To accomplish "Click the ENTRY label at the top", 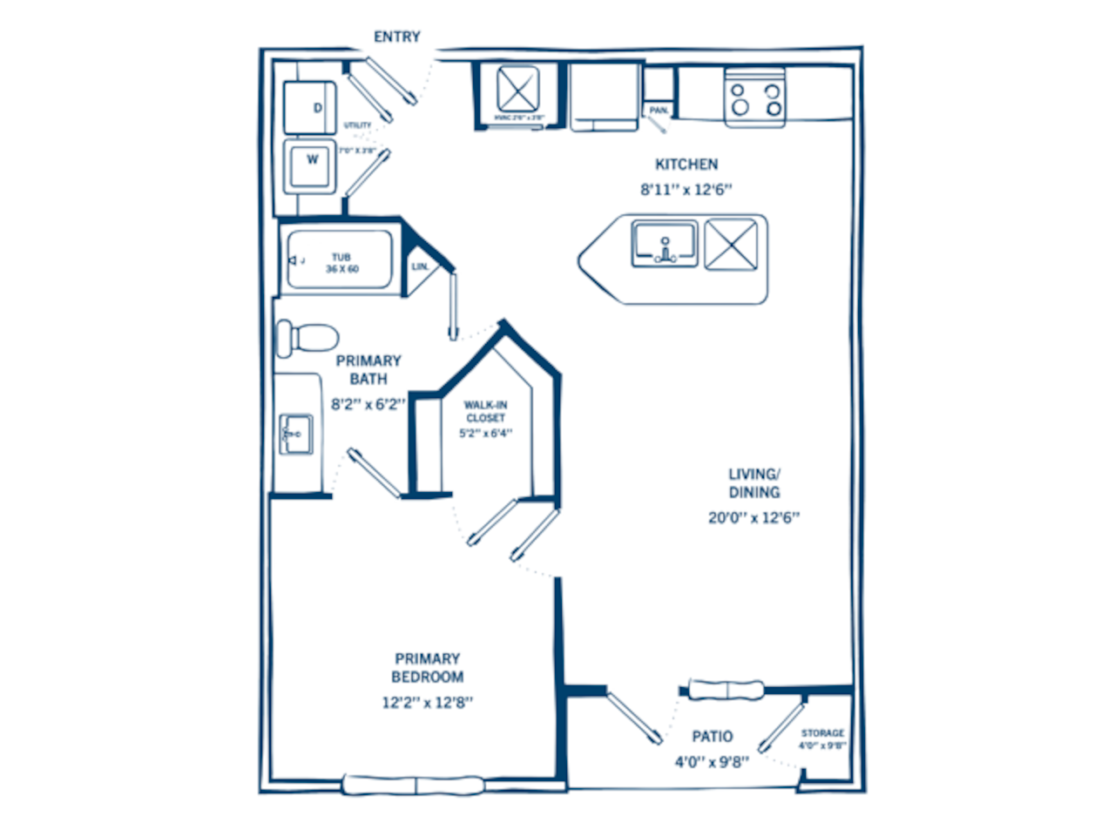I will click(x=396, y=37).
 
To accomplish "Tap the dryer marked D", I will click(x=309, y=108).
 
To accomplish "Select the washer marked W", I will click(x=310, y=164).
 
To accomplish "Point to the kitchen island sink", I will click(x=665, y=245).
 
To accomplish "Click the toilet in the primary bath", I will click(x=306, y=337).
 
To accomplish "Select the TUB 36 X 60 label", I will click(x=341, y=263).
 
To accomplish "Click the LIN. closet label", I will click(x=420, y=266).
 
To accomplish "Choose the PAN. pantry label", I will click(x=659, y=111).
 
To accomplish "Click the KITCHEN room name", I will click(x=686, y=164).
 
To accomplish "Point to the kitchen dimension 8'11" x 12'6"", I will click(x=686, y=189).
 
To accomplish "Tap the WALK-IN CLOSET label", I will click(x=485, y=411).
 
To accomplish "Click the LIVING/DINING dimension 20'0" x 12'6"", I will click(x=753, y=517).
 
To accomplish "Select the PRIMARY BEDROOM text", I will click(x=427, y=668).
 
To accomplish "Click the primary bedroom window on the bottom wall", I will click(x=415, y=784).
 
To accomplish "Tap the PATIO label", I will click(x=712, y=737).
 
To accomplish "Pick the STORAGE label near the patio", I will click(x=822, y=733).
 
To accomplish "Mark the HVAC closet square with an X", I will click(x=517, y=90).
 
